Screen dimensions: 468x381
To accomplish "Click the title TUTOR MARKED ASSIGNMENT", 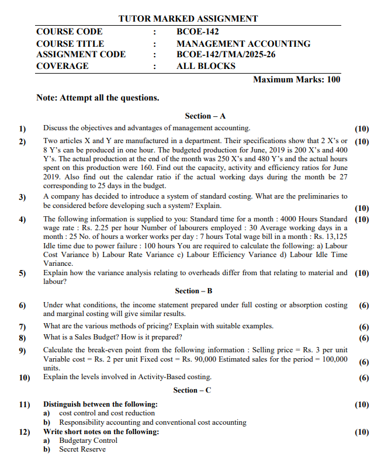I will pos(188,19).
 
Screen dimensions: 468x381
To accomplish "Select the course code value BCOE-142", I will pos(198,32).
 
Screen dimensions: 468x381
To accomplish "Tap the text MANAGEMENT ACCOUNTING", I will pos(243,43).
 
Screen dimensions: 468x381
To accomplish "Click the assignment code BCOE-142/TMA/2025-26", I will pos(226,54).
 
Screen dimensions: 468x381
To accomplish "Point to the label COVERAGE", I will pos(63,66).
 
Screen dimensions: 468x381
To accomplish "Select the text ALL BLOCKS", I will pos(206,66).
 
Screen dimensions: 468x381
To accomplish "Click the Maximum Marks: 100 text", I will pos(296,79).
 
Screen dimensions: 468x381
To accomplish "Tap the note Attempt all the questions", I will pos(98,98).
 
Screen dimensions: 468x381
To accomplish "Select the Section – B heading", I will pos(193,290).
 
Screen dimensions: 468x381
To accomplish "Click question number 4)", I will pos(22,220).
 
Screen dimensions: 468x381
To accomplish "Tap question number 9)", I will pos(22,351).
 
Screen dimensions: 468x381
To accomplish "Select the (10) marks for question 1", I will pos(362,129).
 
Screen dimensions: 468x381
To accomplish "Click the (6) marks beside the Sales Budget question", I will pos(364,338).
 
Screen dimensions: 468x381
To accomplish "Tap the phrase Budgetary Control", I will pos(88,441).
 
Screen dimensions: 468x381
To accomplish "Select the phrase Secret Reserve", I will pos(82,449).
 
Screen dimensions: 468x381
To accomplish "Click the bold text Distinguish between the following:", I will pos(100,404).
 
